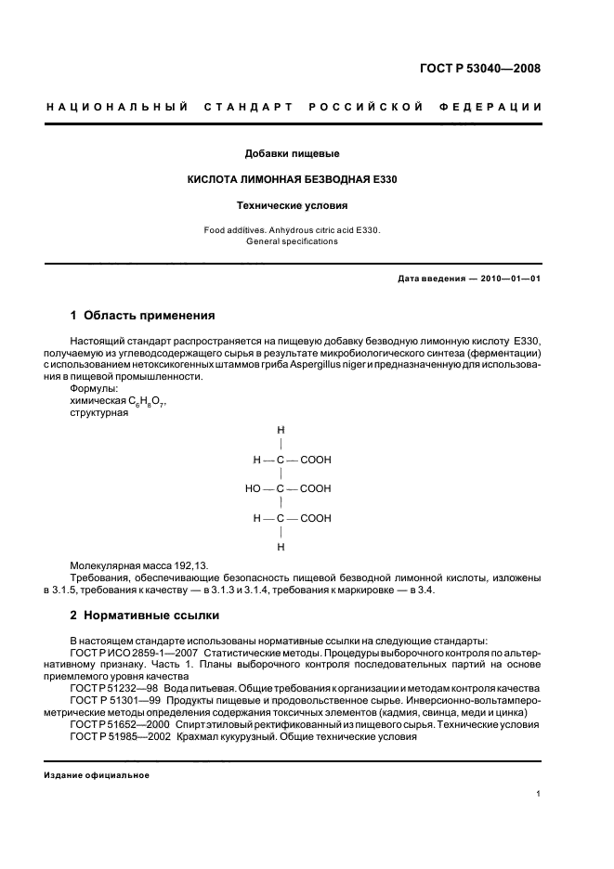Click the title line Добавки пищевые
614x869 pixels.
click(x=292, y=153)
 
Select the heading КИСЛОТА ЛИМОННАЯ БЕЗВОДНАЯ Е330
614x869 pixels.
click(x=293, y=178)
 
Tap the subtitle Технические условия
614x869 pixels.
click(x=292, y=204)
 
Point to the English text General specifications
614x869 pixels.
click(x=292, y=241)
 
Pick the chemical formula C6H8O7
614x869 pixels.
click(x=147, y=401)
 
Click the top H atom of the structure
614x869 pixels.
click(x=281, y=430)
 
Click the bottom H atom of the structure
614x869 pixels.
click(x=281, y=547)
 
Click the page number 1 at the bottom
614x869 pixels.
click(x=538, y=793)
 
